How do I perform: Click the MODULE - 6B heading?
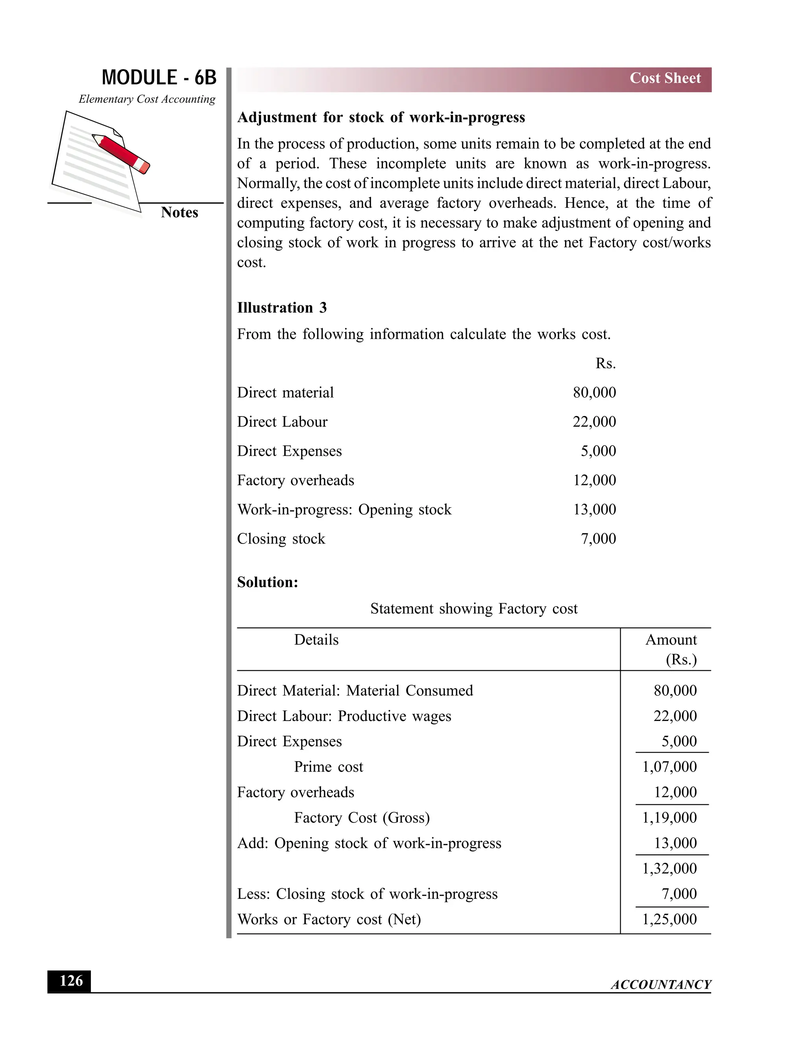tap(159, 78)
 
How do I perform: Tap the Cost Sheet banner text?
tap(665, 78)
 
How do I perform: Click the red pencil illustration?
tap(121, 153)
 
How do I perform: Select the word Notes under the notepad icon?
tap(179, 212)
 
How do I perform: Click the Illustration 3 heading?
tap(282, 307)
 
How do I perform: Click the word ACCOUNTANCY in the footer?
tap(661, 984)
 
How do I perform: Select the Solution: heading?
tap(267, 582)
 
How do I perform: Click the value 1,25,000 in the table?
tap(669, 919)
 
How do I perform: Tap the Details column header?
tap(316, 640)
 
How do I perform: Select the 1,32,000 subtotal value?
tap(669, 868)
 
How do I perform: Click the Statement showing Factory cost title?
tap(474, 608)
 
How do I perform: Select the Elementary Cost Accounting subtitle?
tap(146, 99)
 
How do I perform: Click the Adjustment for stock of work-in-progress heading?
tap(381, 117)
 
